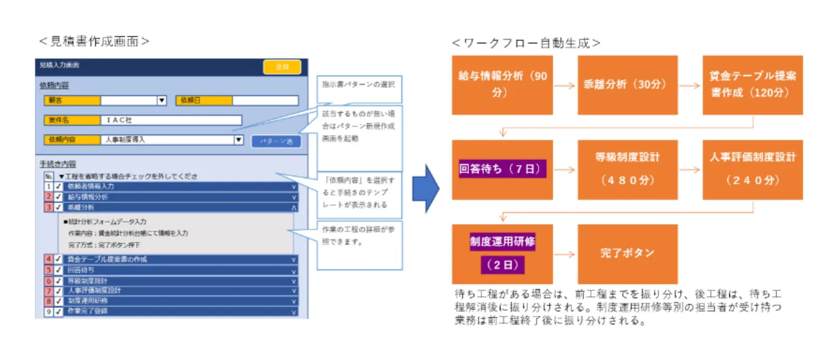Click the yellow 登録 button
coord(282,67)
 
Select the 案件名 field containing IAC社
coord(171,120)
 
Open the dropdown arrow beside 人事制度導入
coord(238,140)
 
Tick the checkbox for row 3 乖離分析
coord(59,207)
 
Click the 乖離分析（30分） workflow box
coord(627,85)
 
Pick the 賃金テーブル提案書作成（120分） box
coord(752,85)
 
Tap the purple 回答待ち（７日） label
coord(503,170)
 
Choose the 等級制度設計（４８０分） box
coord(627,169)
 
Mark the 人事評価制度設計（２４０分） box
coord(752,169)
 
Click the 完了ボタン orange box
coord(627,253)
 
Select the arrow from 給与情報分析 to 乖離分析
coord(564,85)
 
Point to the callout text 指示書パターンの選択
coord(359,84)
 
